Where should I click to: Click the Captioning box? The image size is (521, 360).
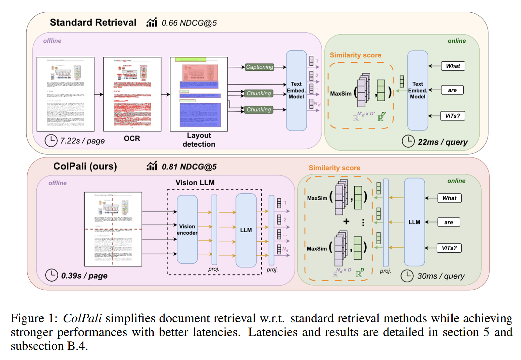tap(259, 67)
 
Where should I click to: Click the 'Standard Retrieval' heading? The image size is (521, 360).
tap(93, 22)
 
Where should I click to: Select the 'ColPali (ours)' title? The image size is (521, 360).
tap(85, 166)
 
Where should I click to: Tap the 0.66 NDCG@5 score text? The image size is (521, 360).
tap(189, 23)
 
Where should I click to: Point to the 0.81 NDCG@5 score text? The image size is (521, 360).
tap(189, 167)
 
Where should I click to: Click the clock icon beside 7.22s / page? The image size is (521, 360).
tap(51, 141)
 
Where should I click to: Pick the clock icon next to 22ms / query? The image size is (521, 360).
tap(408, 141)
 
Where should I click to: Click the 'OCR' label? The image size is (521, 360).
tap(132, 138)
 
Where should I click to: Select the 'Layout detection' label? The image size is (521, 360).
tap(199, 140)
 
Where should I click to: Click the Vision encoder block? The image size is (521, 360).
tap(187, 229)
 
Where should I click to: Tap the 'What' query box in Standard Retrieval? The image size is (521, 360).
tap(453, 66)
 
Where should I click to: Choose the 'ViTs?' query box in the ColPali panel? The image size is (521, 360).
tap(449, 248)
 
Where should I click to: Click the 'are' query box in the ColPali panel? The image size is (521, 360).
tap(448, 222)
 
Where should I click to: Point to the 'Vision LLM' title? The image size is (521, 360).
tap(195, 182)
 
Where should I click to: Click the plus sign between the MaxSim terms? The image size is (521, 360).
tap(346, 222)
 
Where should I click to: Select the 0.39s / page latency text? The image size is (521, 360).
tap(84, 276)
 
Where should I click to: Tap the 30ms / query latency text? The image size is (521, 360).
tap(441, 276)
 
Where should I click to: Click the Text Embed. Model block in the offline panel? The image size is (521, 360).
tap(296, 90)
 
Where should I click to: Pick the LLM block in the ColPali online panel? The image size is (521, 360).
tap(414, 222)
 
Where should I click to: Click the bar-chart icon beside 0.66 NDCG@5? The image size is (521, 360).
tap(152, 22)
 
